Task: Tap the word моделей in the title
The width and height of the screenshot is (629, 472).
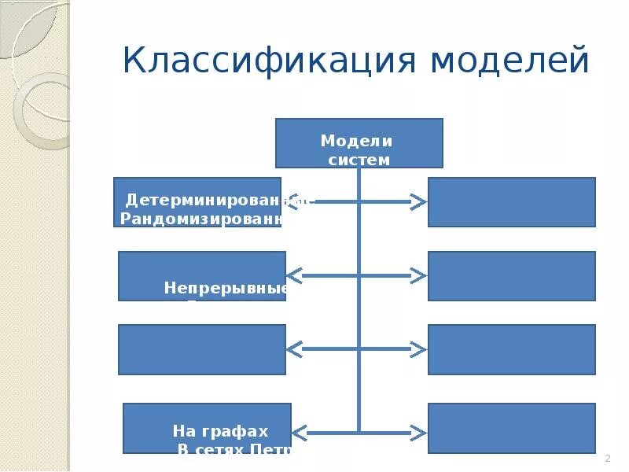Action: (509, 61)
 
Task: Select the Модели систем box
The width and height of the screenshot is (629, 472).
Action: (359, 143)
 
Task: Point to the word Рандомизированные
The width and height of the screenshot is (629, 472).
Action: (201, 219)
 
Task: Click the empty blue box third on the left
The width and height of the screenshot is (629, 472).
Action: (202, 349)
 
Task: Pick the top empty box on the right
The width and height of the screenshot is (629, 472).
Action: (511, 202)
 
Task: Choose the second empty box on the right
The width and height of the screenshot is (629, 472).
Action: (511, 276)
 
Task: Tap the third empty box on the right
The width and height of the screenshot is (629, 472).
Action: (511, 349)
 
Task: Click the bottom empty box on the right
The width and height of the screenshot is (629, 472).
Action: (511, 428)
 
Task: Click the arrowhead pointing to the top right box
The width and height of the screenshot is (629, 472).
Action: (418, 202)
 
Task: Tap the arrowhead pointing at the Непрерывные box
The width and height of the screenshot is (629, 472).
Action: (294, 275)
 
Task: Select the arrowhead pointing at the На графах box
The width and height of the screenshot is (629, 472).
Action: (300, 432)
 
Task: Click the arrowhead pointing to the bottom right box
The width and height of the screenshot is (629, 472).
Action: (418, 432)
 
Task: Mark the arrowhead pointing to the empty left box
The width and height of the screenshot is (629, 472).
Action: (294, 348)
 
